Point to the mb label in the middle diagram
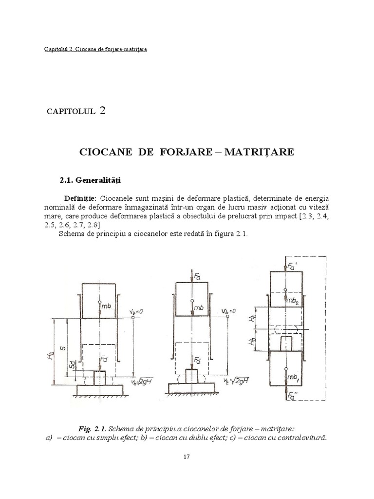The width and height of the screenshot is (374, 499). (x=198, y=307)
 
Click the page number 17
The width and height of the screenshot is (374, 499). (x=187, y=457)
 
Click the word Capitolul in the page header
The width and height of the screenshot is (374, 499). (x=52, y=49)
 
